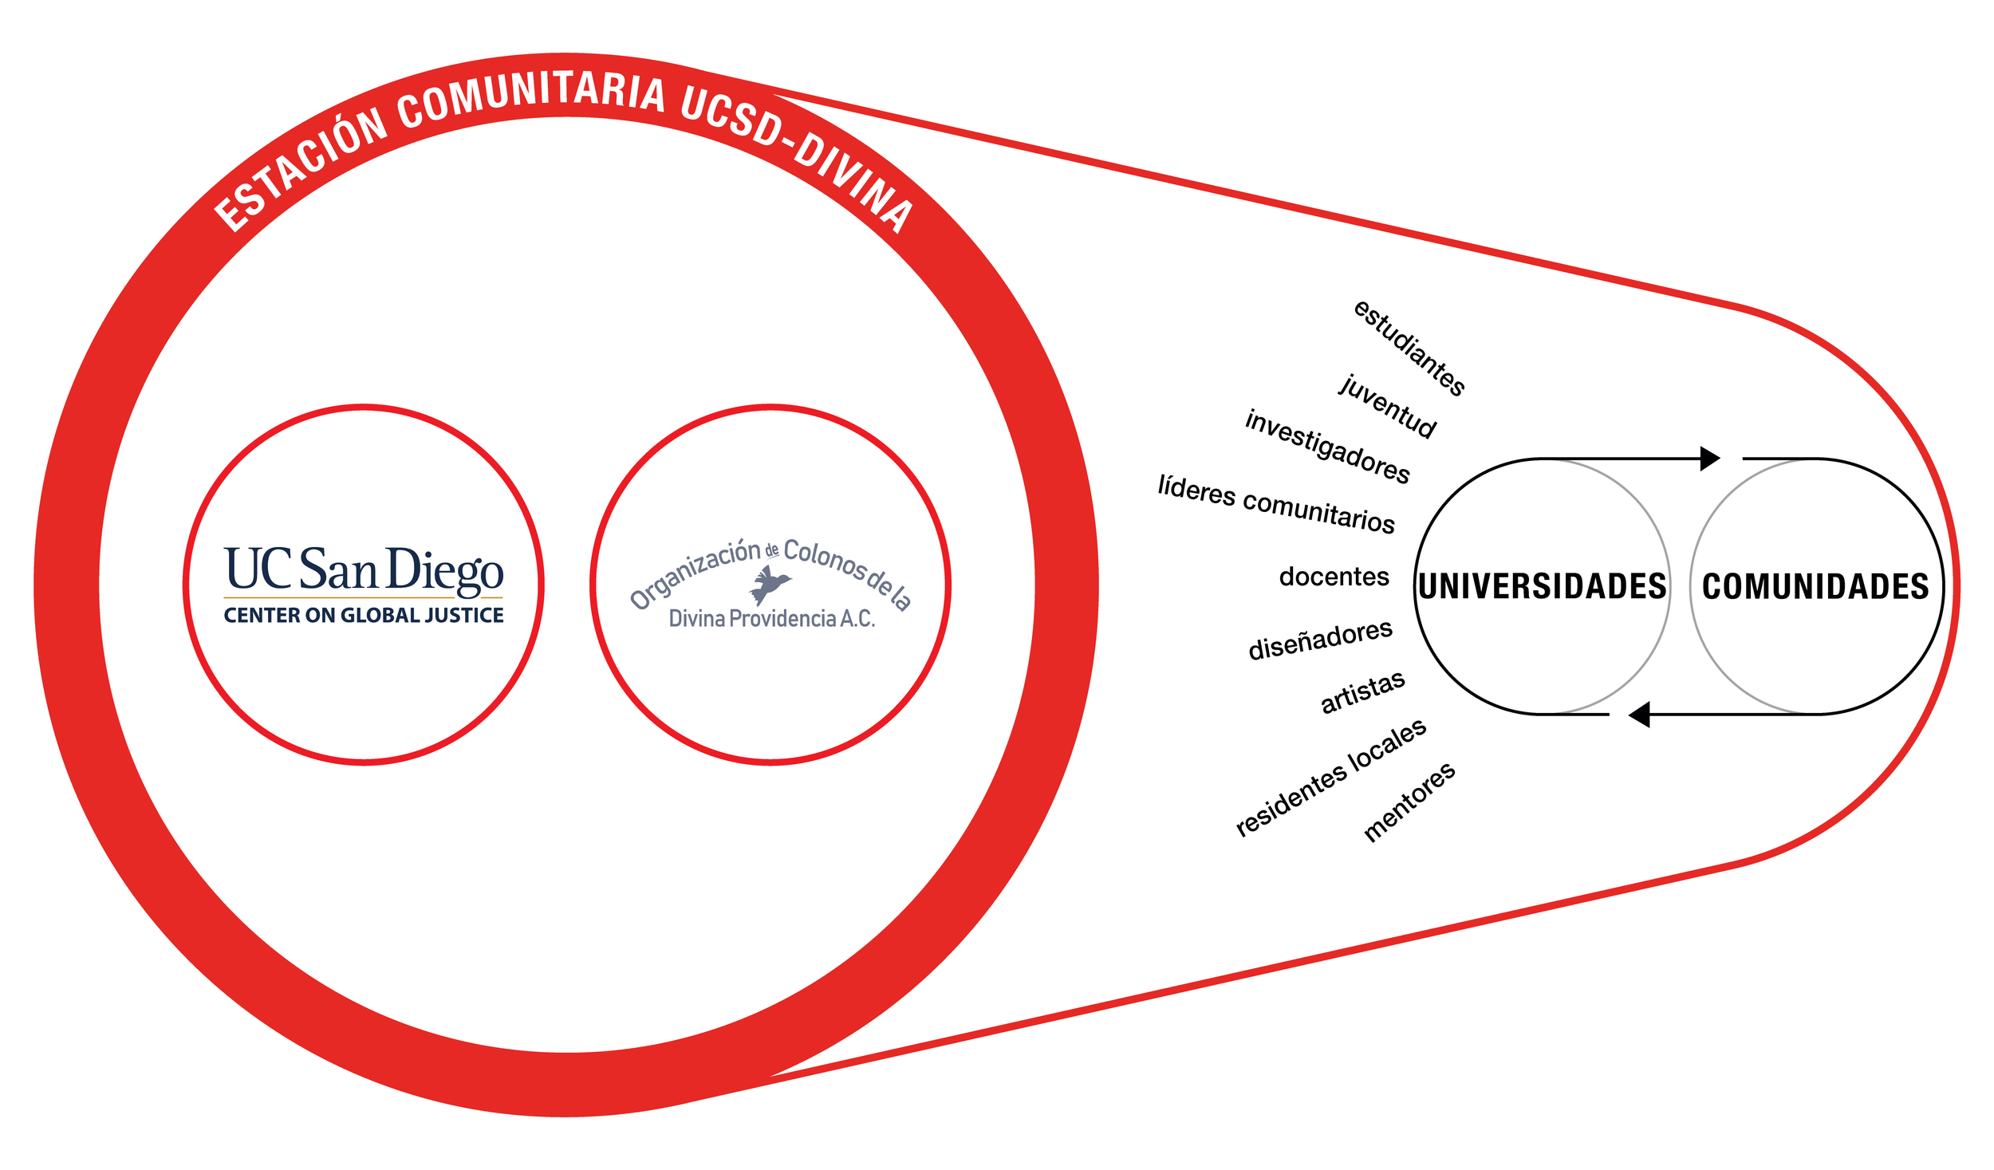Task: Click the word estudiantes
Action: [1409, 348]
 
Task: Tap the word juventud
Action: [1387, 406]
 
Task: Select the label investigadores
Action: [1327, 447]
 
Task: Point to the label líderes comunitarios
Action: [1276, 503]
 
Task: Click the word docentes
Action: [1334, 577]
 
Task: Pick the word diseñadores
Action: [1320, 639]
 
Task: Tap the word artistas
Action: [1362, 691]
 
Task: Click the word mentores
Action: [1409, 801]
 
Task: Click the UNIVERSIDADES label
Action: [1542, 586]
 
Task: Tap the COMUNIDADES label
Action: [1815, 586]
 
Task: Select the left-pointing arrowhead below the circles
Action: [1639, 715]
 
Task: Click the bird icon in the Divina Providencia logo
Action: [770, 585]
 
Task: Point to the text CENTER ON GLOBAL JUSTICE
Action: [364, 615]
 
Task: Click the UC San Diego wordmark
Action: [364, 569]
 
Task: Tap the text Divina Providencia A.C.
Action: [771, 618]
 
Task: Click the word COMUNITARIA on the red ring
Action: [531, 98]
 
